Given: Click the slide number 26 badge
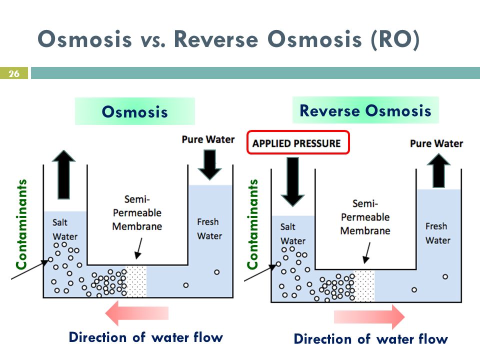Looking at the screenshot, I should (x=13, y=74).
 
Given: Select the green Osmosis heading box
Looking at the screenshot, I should (x=134, y=111).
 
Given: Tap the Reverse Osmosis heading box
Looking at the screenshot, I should (x=365, y=110).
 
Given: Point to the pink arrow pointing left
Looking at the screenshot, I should (x=137, y=313).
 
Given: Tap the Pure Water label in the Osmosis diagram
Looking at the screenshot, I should (x=208, y=139).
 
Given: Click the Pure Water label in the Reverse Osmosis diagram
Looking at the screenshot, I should (x=436, y=143).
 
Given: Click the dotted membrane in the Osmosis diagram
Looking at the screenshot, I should (x=136, y=281).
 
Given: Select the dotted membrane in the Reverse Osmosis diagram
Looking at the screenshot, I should (x=364, y=286).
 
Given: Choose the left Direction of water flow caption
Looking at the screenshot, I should (x=145, y=337).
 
